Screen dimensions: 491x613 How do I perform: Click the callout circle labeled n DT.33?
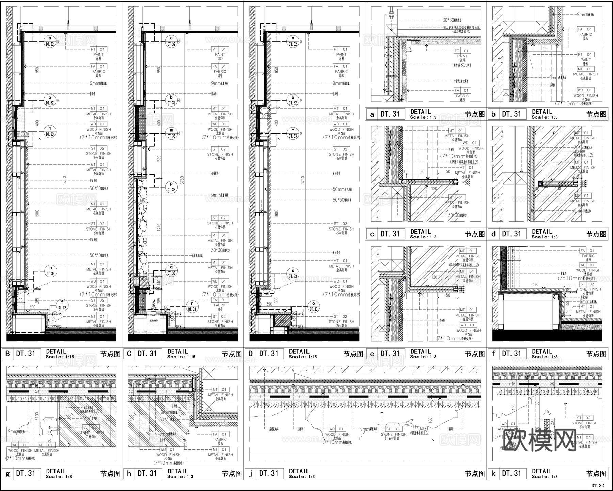pyautogui.click(x=50, y=271)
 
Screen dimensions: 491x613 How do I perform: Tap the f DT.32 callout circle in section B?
pyautogui.click(x=62, y=305)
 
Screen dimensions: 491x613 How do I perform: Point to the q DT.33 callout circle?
pyautogui.click(x=171, y=271)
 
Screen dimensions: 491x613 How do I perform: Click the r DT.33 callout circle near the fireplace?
pyautogui.click(x=192, y=307)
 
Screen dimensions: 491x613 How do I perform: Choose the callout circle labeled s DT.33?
pyautogui.click(x=293, y=274)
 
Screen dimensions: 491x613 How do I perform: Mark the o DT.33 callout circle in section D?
pyautogui.click(x=313, y=307)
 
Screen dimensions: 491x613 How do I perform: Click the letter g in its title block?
pyautogui.click(x=7, y=473)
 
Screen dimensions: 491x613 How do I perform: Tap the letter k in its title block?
pyautogui.click(x=493, y=473)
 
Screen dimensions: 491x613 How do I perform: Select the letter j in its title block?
pyautogui.click(x=251, y=473)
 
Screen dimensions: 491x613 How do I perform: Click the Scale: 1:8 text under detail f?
pyautogui.click(x=545, y=357)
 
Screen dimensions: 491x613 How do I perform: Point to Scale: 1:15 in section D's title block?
pyautogui.click(x=302, y=357)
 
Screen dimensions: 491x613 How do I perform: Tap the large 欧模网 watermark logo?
pyautogui.click(x=539, y=440)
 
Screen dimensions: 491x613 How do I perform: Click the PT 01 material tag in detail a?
pyautogui.click(x=462, y=51)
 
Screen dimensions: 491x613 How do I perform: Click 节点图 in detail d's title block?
pyautogui.click(x=596, y=234)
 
